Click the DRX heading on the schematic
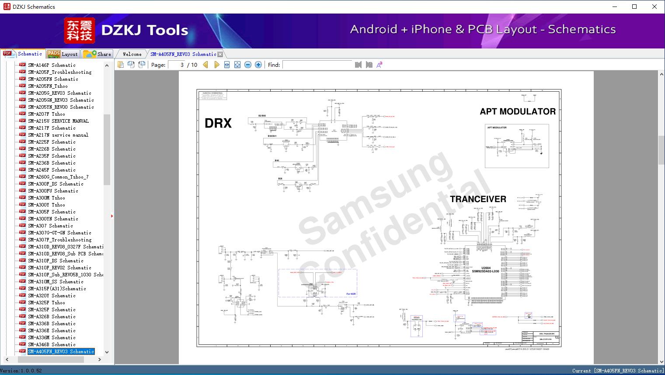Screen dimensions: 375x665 click(218, 124)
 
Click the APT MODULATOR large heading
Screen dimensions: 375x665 click(518, 111)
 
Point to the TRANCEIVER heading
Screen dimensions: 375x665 click(478, 199)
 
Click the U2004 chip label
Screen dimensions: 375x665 click(486, 268)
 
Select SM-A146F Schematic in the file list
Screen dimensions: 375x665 click(52, 65)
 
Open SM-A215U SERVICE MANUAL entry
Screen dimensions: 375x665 click(58, 121)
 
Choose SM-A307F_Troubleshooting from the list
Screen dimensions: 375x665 click(60, 240)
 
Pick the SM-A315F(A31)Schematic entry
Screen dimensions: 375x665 click(57, 289)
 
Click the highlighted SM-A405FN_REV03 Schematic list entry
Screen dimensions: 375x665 click(61, 351)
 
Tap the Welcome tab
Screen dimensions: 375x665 click(132, 54)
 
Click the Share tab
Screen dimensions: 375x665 click(98, 54)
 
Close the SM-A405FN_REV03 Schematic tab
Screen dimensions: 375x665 click(220, 55)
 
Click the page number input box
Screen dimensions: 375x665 click(177, 65)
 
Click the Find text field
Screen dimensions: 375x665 click(317, 65)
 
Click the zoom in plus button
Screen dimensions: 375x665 click(258, 65)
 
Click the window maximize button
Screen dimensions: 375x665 click(634, 7)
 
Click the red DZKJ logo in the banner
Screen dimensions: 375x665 click(79, 31)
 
